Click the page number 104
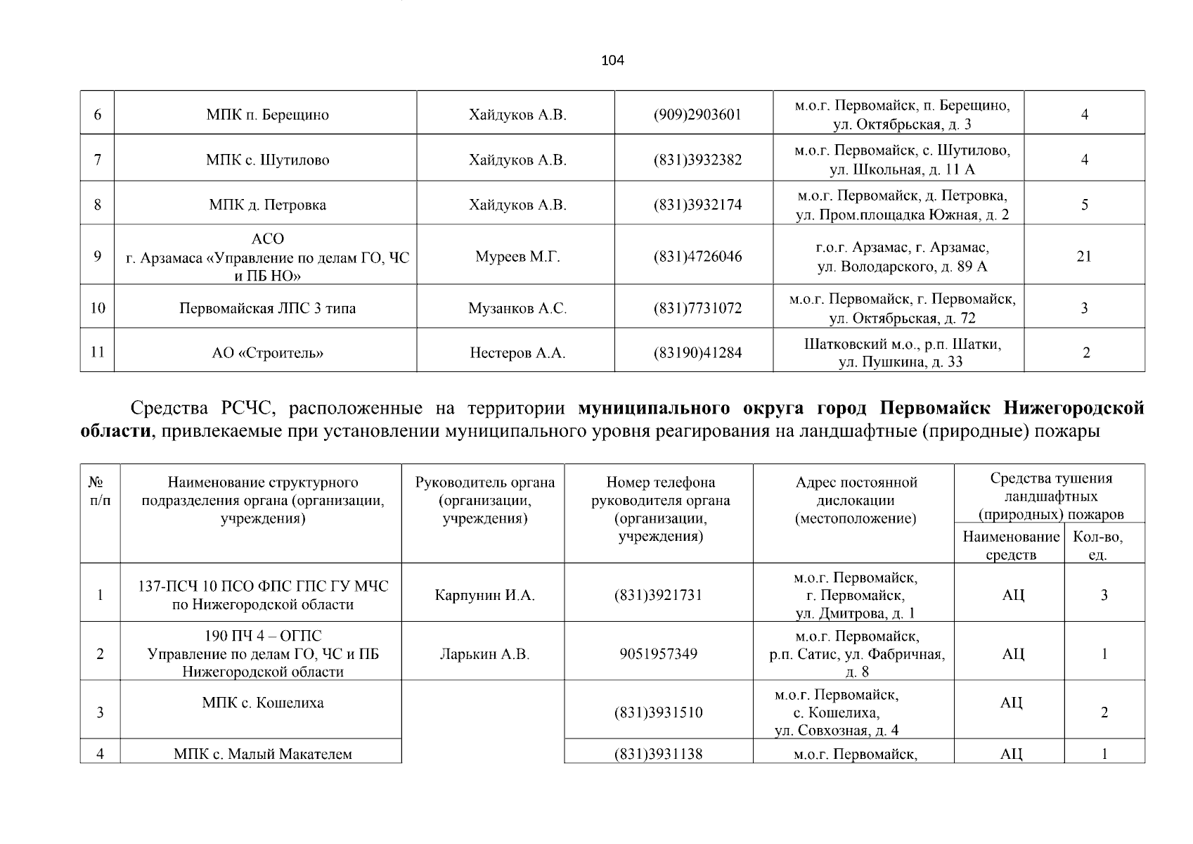click(x=612, y=60)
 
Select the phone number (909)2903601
click(x=697, y=115)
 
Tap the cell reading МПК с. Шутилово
click(x=268, y=160)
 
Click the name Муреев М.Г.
click(x=517, y=257)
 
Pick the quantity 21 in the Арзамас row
click(x=1084, y=256)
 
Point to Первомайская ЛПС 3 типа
click(x=268, y=308)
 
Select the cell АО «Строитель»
click(x=268, y=353)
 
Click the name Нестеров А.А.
click(x=517, y=353)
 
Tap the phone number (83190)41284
click(x=697, y=353)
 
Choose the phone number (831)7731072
click(x=697, y=308)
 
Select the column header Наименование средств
click(x=1011, y=546)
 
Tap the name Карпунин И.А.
click(x=485, y=595)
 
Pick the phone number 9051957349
click(x=659, y=654)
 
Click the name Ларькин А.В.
click(x=485, y=654)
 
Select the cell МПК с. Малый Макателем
click(x=263, y=755)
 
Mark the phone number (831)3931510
click(x=659, y=712)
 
